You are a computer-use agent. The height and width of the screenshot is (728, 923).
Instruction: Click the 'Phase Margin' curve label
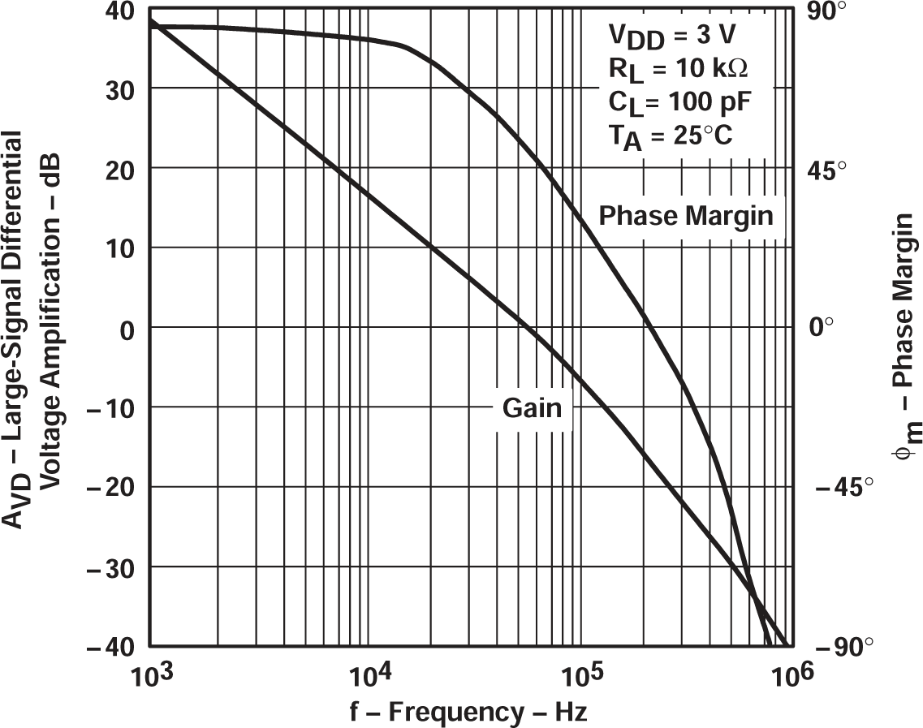[686, 216]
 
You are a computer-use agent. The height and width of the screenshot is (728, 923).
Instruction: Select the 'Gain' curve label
[532, 407]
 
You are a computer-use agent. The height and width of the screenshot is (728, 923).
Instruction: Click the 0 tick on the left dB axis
[125, 328]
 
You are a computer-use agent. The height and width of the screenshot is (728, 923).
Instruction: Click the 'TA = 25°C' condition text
[670, 135]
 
